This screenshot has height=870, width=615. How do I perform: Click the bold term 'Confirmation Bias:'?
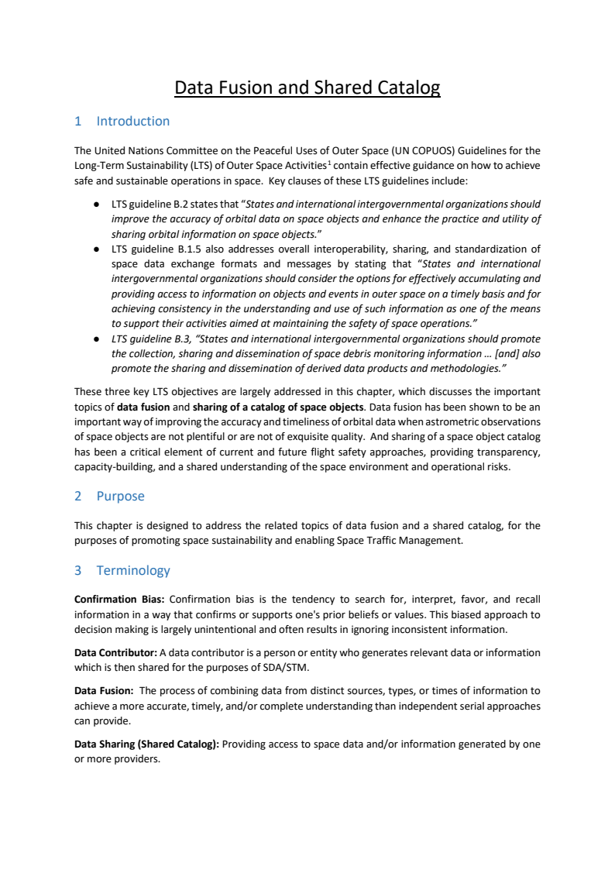pyautogui.click(x=119, y=600)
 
